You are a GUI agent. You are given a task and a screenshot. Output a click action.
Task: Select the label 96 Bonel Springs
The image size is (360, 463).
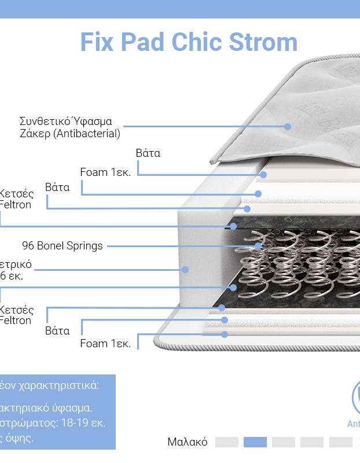pos(63,245)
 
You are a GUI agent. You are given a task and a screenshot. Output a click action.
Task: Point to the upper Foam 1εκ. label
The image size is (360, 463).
pos(105,172)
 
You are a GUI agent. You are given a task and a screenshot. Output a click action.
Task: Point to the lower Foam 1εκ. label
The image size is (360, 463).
pos(105,343)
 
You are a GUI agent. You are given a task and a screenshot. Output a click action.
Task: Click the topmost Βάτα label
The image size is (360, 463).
pos(148,153)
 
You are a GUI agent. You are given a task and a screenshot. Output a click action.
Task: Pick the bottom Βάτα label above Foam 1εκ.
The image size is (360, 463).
pos(57,331)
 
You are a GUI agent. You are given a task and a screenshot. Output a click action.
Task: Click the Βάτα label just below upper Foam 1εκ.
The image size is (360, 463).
pos(57,188)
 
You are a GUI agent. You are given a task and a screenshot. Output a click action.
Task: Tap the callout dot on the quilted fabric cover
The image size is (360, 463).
pos(288,126)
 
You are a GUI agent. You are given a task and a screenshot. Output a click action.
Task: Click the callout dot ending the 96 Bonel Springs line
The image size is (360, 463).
pos(259,245)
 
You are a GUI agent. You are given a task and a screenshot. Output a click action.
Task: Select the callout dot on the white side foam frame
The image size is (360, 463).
pos(186,269)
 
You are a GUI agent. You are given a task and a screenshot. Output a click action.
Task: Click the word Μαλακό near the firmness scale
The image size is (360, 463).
pos(188,442)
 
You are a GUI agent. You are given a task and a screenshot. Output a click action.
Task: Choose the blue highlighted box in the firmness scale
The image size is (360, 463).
pos(255,442)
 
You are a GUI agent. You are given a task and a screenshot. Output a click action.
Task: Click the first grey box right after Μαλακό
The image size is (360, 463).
pos(227,442)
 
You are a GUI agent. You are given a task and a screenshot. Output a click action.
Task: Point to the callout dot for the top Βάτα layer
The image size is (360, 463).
pos(263,174)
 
